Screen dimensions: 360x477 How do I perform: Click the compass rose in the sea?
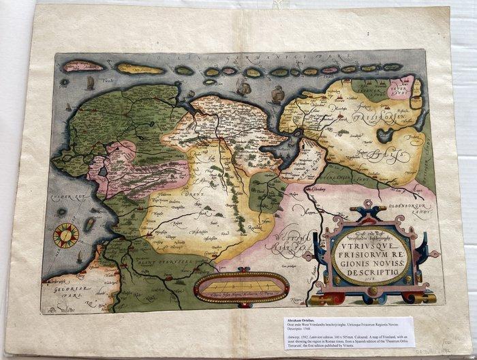point(66,235)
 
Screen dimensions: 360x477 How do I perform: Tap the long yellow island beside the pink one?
point(140,68)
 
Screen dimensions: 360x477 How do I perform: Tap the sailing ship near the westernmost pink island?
point(91,82)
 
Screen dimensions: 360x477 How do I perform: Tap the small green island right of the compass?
point(89,224)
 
